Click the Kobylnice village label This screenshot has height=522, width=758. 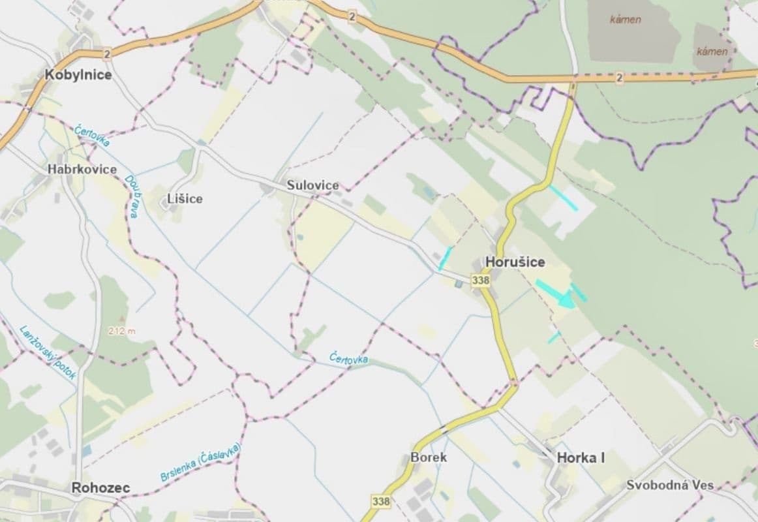coord(78,75)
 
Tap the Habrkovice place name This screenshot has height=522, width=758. coord(82,170)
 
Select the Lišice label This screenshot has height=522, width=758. coord(185,199)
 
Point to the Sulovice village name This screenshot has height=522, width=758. coord(313,186)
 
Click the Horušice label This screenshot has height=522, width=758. coord(515,262)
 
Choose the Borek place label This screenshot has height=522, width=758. coord(429,457)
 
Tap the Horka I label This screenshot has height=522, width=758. coord(581,458)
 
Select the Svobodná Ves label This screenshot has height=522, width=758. coord(670,485)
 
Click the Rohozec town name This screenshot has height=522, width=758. coord(100,487)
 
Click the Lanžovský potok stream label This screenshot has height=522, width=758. coord(48,352)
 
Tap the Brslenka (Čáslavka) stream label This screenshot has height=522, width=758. coord(201,463)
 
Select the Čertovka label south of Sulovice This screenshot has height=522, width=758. coord(349,359)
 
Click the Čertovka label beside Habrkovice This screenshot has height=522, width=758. coord(92,136)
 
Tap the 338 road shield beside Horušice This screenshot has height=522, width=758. coord(480,280)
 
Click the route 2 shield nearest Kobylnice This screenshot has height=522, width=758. coord(107,53)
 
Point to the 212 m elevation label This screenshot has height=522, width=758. coord(123,331)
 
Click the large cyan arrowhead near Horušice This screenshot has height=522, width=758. coord(565,300)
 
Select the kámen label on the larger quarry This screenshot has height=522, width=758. coord(625,20)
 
